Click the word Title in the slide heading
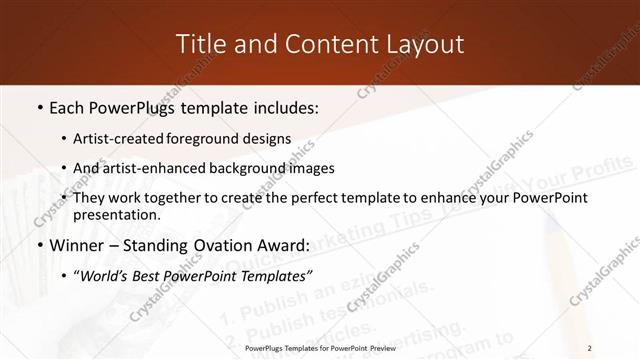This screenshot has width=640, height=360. (x=200, y=44)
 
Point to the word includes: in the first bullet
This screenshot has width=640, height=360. (x=281, y=105)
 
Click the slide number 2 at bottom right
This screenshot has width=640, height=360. (x=591, y=348)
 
